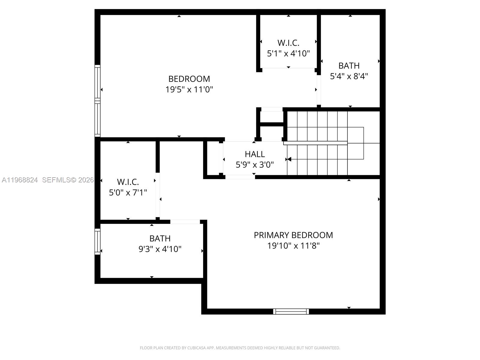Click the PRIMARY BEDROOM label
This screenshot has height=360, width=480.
coord(293,235)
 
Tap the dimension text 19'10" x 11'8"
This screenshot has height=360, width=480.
coord(293,246)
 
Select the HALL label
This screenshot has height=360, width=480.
coord(255,154)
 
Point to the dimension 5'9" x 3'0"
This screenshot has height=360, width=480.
coord(255,165)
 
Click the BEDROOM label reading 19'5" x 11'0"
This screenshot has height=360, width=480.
coord(189,79)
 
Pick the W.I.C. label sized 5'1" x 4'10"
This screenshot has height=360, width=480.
coord(288,43)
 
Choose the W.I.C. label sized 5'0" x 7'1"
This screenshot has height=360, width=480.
coord(128,182)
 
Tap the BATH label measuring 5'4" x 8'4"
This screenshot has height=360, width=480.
coord(349,66)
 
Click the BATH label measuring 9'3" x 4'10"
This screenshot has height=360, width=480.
coord(160,238)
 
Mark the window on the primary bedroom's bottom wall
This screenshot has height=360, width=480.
coord(291,311)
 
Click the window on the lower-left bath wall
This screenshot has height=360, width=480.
coord(97,241)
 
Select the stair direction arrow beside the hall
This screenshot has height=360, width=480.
coord(289,159)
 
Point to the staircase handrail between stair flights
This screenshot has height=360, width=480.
coord(315,143)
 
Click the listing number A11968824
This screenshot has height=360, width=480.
coord(20,180)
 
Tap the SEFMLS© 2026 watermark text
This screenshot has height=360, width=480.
coord(68,180)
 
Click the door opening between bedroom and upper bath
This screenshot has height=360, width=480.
coord(319,89)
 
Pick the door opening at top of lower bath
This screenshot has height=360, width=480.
coord(185,222)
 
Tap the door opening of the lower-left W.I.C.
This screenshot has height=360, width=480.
coord(157,195)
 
